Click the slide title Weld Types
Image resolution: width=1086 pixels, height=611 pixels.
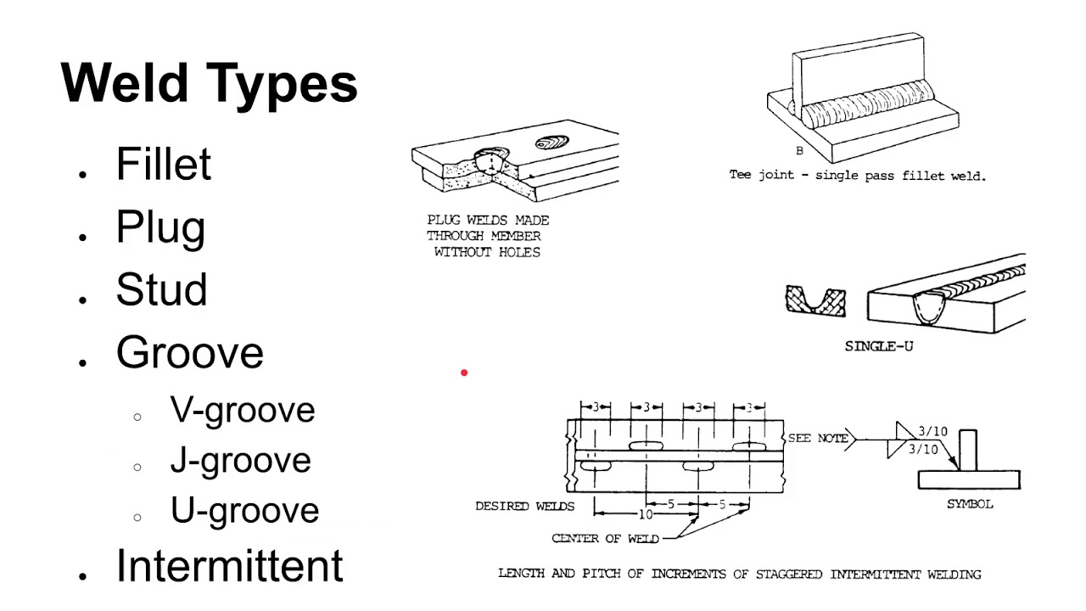point(209,84)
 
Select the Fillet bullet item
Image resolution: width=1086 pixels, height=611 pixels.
point(163,165)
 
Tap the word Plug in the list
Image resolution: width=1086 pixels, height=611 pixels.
point(160,227)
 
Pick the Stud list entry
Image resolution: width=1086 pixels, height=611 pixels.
point(161,290)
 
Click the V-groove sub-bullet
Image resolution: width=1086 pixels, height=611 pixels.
point(243,410)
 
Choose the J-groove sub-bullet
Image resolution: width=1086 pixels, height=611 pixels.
point(240,460)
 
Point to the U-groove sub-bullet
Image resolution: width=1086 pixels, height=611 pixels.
point(244,510)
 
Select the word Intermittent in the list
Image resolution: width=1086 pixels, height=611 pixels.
point(229,566)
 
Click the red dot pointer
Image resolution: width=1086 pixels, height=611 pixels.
point(464,373)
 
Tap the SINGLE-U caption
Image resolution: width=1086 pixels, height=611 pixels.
point(879,346)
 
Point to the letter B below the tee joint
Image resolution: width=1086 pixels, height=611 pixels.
point(799,151)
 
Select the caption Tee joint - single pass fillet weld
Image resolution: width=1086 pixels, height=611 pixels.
point(857,176)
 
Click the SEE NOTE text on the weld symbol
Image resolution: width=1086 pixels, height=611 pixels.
point(818,438)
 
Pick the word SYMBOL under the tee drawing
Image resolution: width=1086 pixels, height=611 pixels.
point(970,504)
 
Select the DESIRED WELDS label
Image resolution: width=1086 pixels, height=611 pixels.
point(524,507)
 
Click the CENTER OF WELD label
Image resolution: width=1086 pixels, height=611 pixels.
point(598,538)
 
